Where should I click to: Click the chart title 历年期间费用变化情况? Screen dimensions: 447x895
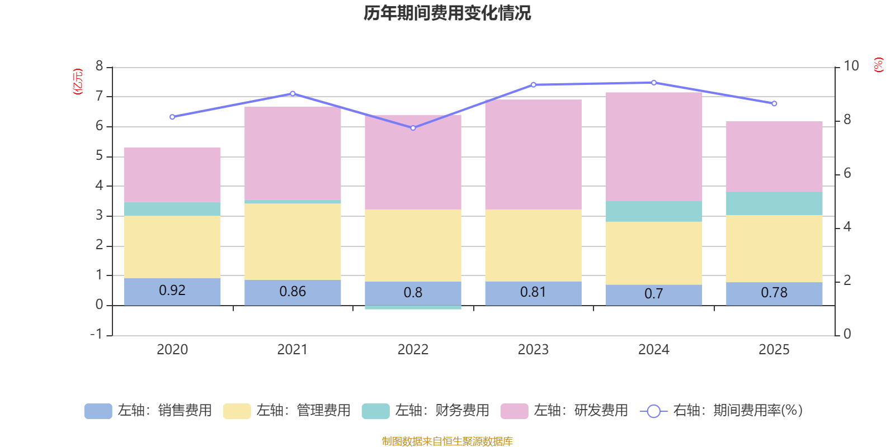(x=447, y=13)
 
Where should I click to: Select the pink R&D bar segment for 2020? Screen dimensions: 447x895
(x=172, y=174)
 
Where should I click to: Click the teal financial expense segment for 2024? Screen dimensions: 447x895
(x=653, y=211)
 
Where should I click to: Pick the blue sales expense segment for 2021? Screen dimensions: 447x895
(x=293, y=292)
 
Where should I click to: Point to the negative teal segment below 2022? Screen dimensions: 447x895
(x=413, y=307)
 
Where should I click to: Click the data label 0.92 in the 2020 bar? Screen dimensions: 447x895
(x=172, y=290)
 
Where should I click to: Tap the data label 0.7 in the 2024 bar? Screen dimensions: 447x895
(x=653, y=293)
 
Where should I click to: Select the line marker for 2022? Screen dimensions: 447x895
(x=413, y=128)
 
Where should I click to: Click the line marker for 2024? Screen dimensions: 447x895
(x=653, y=83)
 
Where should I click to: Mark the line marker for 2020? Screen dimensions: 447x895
(x=172, y=117)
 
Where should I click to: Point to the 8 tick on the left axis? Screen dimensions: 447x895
(x=100, y=66)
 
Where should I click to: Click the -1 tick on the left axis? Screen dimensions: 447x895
(x=97, y=334)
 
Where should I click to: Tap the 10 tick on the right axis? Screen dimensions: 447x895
(x=851, y=66)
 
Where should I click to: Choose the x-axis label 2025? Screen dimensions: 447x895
(x=774, y=349)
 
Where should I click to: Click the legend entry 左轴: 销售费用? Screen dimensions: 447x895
(x=148, y=411)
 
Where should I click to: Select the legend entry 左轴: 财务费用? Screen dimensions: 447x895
(x=426, y=411)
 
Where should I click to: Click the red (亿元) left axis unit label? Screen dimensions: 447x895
(x=78, y=82)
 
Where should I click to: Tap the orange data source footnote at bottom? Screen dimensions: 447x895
(x=447, y=441)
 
